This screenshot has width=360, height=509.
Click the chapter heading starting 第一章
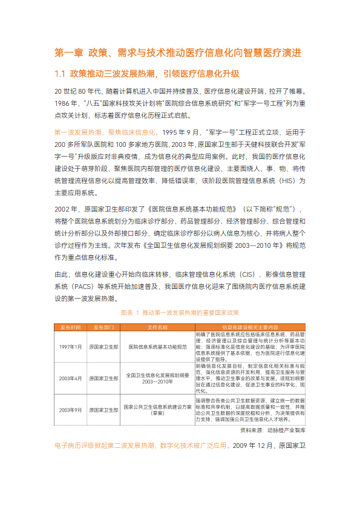pyautogui.click(x=178, y=53)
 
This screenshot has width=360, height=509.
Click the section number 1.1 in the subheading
pyautogui.click(x=60, y=74)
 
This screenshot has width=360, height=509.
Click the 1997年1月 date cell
pyautogui.click(x=70, y=347)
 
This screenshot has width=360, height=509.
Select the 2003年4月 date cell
pyautogui.click(x=70, y=378)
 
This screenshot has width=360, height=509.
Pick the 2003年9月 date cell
pyautogui.click(x=70, y=410)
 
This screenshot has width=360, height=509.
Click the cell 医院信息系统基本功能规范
pyautogui.click(x=157, y=347)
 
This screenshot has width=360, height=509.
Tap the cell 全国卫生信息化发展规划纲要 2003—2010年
pyautogui.click(x=157, y=378)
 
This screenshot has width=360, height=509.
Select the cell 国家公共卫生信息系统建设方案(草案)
pyautogui.click(x=157, y=410)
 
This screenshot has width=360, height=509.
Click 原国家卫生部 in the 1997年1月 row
pyautogui.click(x=104, y=347)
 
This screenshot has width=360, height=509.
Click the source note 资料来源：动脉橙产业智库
pyautogui.click(x=273, y=430)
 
